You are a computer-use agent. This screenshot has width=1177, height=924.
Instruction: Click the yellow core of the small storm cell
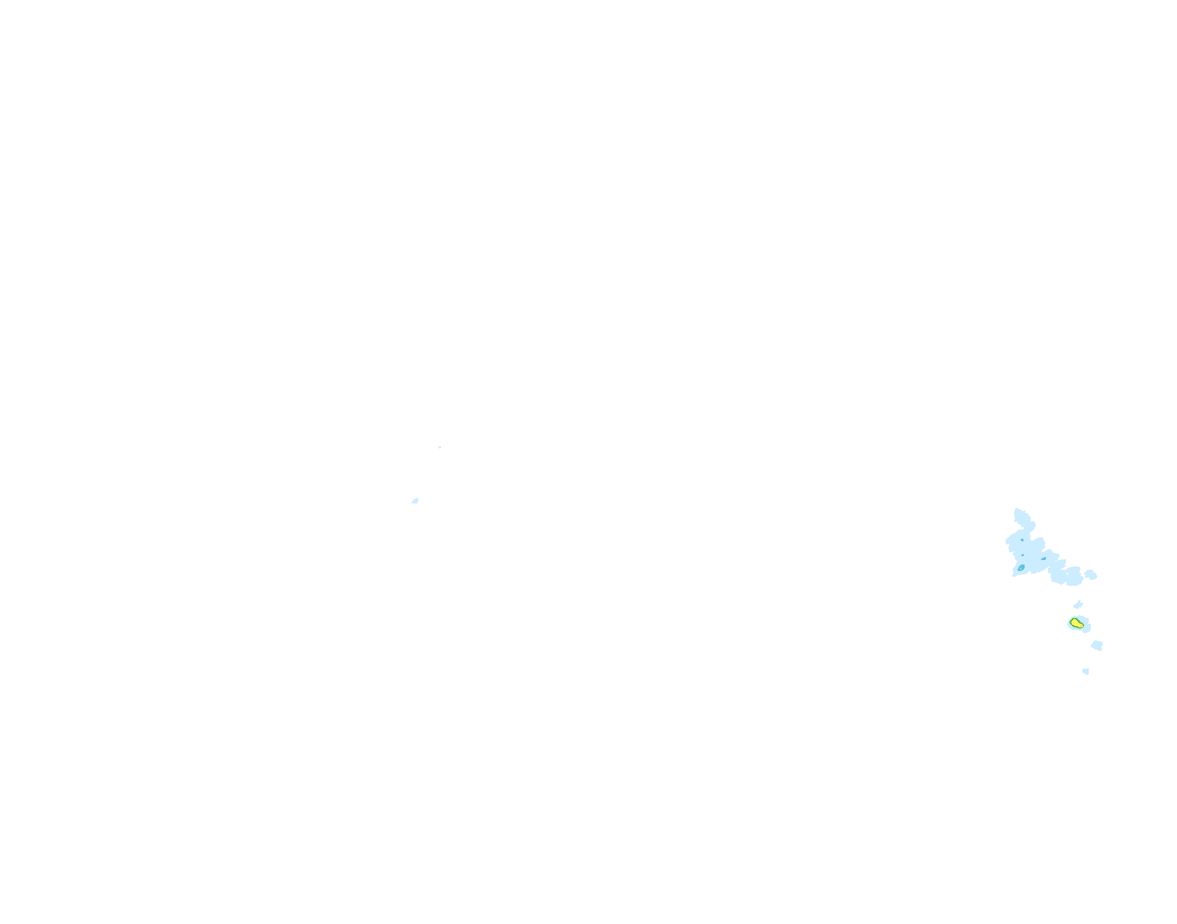(x=1076, y=623)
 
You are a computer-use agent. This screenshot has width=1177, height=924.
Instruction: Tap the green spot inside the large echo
(x=1021, y=568)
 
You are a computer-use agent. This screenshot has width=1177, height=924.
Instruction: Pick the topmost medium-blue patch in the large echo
(x=1022, y=540)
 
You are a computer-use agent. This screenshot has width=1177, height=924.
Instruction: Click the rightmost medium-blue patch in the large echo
(x=1043, y=559)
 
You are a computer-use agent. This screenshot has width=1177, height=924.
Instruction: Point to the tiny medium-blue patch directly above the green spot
(x=1023, y=555)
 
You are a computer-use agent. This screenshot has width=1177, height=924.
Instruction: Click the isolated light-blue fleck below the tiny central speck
(x=415, y=501)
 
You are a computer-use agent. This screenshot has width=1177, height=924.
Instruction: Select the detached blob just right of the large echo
(x=1091, y=575)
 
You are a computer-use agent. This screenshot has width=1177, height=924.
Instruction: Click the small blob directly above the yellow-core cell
(x=1078, y=605)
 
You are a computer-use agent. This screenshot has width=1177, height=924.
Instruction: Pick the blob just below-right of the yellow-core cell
(x=1097, y=645)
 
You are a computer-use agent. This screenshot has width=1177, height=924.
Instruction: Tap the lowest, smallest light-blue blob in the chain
(x=1086, y=671)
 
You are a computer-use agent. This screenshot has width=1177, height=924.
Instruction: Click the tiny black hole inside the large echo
(x=1067, y=574)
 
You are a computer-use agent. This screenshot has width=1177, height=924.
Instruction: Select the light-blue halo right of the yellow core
(x=1087, y=624)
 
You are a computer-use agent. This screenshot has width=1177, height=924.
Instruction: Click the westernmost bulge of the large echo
(x=1008, y=541)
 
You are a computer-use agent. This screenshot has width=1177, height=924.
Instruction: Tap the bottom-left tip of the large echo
(x=1014, y=575)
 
